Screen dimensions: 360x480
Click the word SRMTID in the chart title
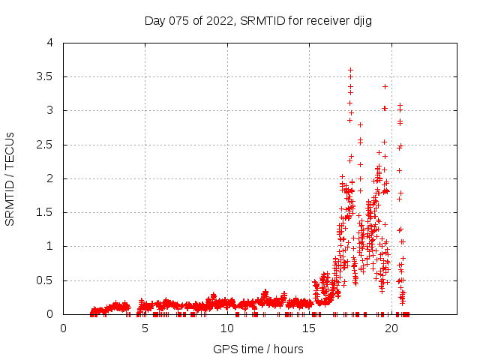coord(262,21)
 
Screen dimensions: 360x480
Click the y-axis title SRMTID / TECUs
coord(10,178)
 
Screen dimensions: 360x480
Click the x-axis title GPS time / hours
coord(258,349)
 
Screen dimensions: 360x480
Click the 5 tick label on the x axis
coord(145,328)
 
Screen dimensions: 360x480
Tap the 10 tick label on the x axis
coord(227,328)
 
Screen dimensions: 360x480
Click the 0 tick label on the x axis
coord(64,328)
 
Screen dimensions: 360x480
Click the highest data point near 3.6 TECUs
coord(350,70)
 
